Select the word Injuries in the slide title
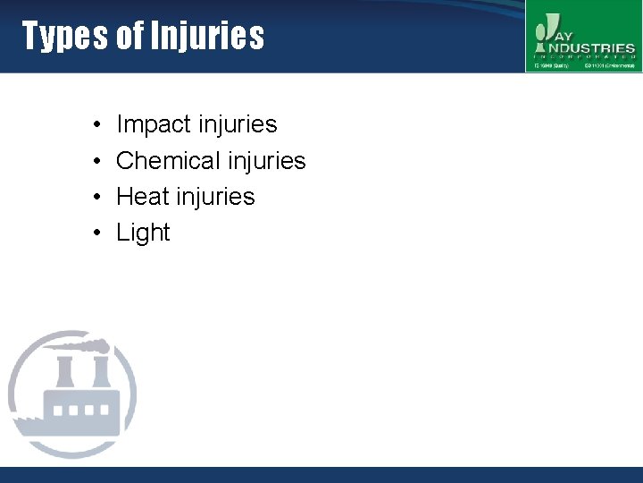coord(207,36)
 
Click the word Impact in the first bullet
coord(154,124)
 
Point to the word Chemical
coord(167,160)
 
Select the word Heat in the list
coord(142,196)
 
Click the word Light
coord(143,233)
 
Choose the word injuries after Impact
coord(237,124)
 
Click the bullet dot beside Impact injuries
coord(95,125)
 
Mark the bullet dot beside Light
coord(95,233)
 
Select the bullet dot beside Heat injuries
coord(95,197)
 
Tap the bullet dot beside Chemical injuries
coord(95,161)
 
